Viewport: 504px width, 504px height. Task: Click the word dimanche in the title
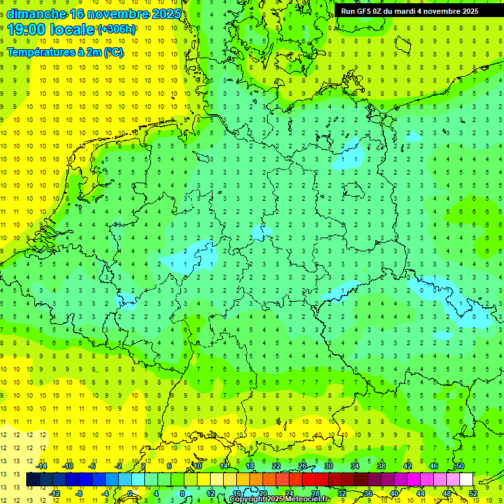click(37, 14)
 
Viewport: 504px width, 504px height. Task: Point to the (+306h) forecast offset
click(117, 30)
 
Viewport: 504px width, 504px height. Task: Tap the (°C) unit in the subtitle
click(113, 52)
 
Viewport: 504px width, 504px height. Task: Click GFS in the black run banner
click(366, 11)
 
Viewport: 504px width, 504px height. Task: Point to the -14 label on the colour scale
click(41, 466)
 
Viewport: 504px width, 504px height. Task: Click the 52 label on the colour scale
click(473, 493)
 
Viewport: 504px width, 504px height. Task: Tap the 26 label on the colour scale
click(303, 466)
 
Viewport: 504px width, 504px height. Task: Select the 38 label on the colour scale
click(381, 466)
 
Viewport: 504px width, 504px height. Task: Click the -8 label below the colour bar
click(79, 493)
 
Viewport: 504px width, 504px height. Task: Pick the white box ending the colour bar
click(466, 480)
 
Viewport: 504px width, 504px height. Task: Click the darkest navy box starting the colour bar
click(33, 480)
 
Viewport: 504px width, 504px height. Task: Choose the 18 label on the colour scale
click(250, 466)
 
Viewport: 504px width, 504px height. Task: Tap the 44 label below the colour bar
click(421, 493)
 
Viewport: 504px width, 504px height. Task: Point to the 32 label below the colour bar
click(342, 493)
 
